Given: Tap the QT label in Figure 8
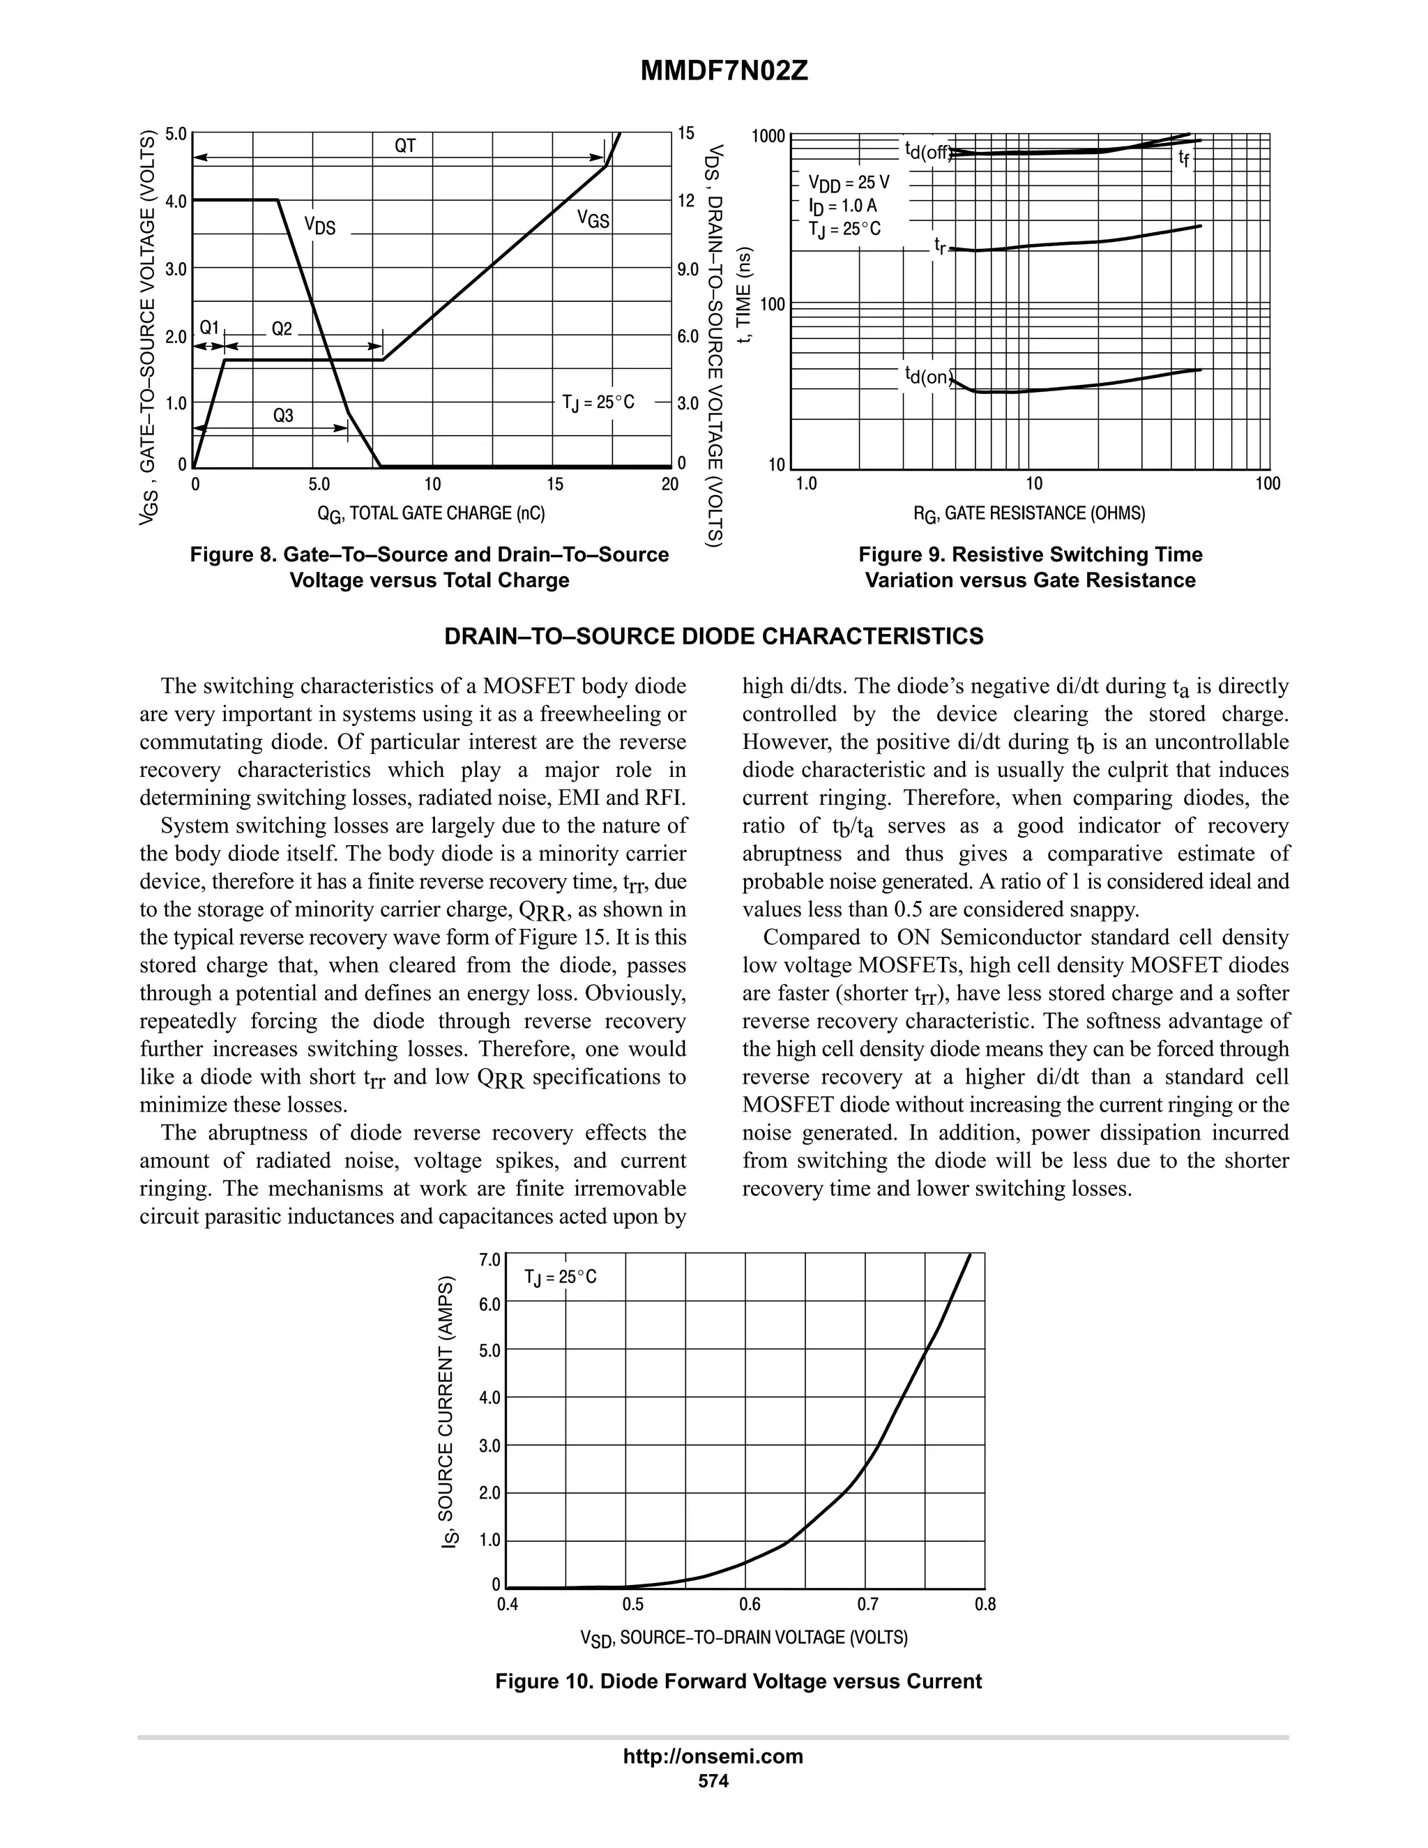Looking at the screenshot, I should pos(405,146).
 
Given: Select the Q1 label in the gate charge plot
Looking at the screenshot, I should pos(209,328).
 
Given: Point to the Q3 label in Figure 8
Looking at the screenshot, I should pos(282,416).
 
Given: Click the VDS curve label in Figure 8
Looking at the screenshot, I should pos(320,225).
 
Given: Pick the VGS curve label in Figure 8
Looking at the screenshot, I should pos(593,219).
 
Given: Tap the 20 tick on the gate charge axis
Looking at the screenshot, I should pos(669,485).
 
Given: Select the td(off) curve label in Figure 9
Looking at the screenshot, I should pos(928,151).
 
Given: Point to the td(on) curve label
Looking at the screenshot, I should pos(928,376).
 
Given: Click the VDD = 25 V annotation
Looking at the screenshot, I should pos(849,183).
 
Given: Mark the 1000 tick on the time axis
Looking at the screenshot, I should pos(769,136).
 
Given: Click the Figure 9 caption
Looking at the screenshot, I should pos(1030,567).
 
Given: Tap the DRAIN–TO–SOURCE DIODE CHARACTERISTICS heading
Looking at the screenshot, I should pos(714,636).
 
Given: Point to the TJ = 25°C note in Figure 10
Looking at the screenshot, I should pos(560,1277).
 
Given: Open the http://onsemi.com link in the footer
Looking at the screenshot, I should pos(713,1756).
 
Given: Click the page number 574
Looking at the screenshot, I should pos(713,1780).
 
